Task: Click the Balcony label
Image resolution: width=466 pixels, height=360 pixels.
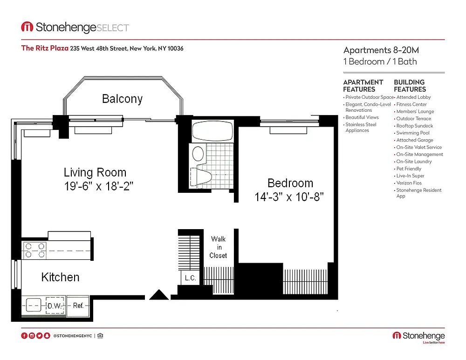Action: coord(122,99)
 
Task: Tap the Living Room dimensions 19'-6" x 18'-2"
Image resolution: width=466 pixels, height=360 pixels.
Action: coord(99,186)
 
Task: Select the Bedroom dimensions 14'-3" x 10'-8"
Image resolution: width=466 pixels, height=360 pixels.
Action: coord(289,197)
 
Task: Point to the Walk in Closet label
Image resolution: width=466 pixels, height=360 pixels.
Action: coord(219,247)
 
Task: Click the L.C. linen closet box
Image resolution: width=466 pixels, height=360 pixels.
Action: coord(190,278)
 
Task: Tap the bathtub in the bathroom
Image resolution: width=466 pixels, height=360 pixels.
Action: coord(212,131)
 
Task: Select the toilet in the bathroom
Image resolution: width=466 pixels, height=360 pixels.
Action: coord(201,177)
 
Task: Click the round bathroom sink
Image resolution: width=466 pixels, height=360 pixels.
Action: coord(198,154)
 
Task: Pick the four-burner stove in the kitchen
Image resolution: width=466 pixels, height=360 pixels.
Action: coord(34,251)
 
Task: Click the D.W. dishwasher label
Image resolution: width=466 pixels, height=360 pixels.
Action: coord(55,306)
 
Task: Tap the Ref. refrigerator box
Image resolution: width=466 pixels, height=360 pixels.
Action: coord(78,306)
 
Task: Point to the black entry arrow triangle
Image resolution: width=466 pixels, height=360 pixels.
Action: coord(159,295)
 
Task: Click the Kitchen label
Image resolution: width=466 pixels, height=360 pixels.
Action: coord(60,277)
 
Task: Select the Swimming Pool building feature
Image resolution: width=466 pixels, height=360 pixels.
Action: coord(413,133)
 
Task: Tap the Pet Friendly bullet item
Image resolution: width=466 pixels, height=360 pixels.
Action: coord(409,169)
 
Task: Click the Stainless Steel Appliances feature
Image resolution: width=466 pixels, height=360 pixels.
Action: coord(361,128)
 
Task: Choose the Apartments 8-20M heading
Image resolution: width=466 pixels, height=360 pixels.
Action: coord(381,50)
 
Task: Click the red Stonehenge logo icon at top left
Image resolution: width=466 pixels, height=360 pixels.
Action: coord(27,27)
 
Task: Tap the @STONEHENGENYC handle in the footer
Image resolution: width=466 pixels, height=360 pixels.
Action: coord(73,336)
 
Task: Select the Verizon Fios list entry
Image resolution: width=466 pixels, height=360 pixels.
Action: coord(409,183)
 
